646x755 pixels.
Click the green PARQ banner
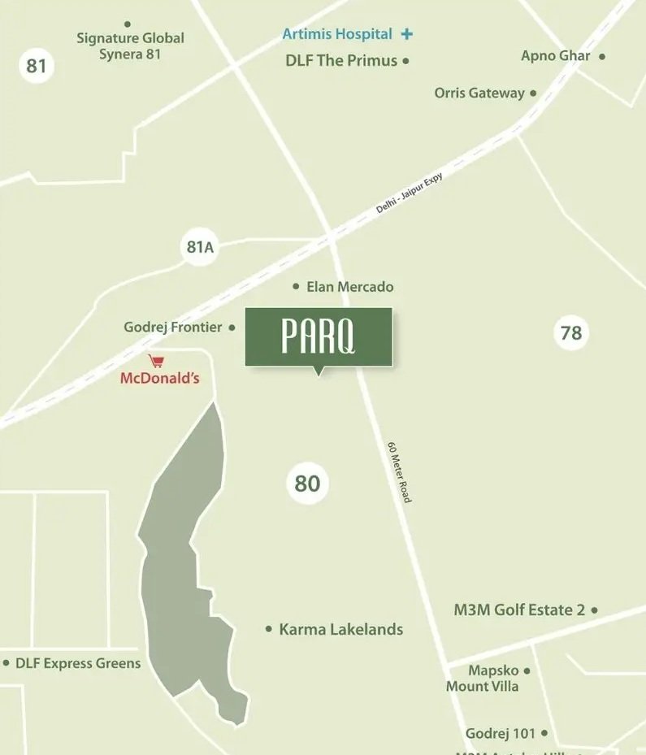[319, 336]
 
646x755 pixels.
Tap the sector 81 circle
[37, 65]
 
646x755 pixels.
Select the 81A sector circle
[200, 246]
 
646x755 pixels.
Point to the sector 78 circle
[571, 332]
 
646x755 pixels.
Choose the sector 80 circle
[307, 484]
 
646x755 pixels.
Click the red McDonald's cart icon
[156, 361]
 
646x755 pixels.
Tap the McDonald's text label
[159, 378]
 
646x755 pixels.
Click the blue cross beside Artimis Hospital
[407, 34]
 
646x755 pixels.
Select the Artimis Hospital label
[337, 34]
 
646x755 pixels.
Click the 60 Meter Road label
[400, 471]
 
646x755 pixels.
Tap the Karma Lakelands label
[340, 629]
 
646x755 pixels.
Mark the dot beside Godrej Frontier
[232, 328]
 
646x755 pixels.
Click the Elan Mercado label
[349, 287]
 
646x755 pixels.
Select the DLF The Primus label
[341, 60]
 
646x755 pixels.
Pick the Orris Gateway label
[479, 93]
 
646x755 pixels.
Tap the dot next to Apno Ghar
[602, 56]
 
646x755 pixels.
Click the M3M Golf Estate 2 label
[519, 610]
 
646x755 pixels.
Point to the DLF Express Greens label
[78, 663]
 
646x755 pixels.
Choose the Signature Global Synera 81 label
[130, 46]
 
